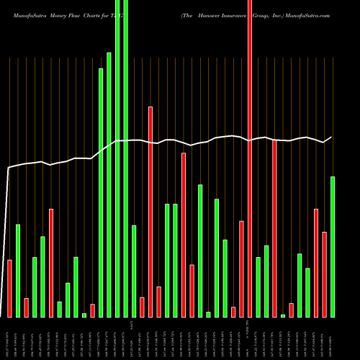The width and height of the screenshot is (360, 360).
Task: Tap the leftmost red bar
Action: pos(9,288)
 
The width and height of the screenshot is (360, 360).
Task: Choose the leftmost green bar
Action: pos(18,271)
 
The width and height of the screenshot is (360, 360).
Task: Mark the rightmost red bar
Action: pos(324,274)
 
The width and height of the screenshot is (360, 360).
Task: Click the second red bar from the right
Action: pos(316,263)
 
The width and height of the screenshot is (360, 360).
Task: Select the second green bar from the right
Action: pos(307,292)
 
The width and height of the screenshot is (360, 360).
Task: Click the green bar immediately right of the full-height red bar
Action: pos(258,287)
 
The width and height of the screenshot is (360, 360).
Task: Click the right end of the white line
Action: pos(332,137)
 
